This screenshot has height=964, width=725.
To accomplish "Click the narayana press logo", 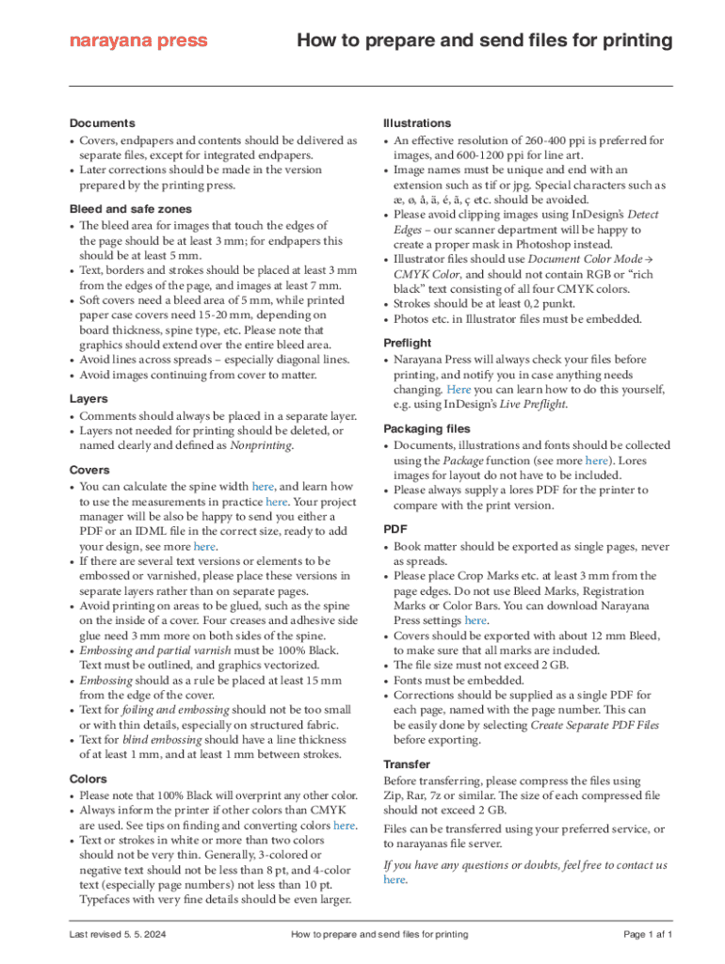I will click(x=138, y=41).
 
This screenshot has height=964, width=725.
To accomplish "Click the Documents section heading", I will click(x=103, y=123).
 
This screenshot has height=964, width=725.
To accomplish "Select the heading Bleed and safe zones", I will click(x=131, y=209).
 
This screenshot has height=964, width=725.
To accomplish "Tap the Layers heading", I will click(x=89, y=399).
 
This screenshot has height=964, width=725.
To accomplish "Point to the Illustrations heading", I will click(x=417, y=123).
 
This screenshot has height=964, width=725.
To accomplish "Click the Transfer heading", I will click(x=407, y=764).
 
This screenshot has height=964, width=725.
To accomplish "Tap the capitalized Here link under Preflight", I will click(x=459, y=389).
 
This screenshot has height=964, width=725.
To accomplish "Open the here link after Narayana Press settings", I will click(x=475, y=620).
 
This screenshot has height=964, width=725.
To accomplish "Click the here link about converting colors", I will click(x=345, y=826).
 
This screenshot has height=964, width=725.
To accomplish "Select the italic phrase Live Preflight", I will click(x=533, y=405).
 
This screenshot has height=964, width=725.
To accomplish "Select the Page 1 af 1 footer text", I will click(x=648, y=935).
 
